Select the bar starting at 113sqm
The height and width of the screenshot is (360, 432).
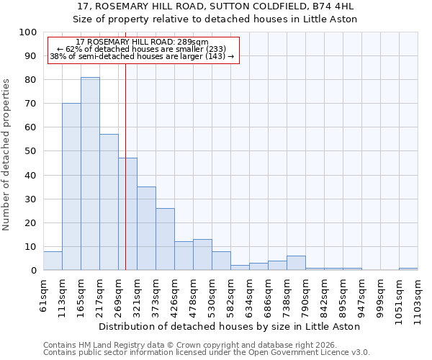click(71, 186)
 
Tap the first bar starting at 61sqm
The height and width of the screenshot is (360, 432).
click(53, 261)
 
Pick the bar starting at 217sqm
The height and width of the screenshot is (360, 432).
click(109, 202)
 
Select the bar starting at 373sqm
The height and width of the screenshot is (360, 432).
click(165, 239)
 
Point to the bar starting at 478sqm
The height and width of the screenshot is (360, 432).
click(202, 255)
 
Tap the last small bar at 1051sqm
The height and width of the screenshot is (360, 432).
click(408, 269)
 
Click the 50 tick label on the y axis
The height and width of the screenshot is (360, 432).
click(30, 151)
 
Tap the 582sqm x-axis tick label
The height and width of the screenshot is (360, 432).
click(230, 297)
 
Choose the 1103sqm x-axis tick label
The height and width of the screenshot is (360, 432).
click(418, 299)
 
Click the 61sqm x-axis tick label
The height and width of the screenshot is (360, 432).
click(43, 294)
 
